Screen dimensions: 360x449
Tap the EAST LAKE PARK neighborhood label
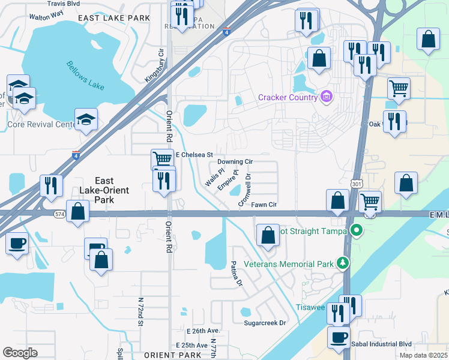[x=114, y=19]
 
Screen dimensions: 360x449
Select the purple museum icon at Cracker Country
[x=326, y=97]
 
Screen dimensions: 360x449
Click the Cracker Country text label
[x=288, y=98]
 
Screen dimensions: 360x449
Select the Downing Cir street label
[x=235, y=162]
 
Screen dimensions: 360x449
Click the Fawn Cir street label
[x=264, y=205]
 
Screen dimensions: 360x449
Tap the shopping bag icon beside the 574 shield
[x=78, y=211]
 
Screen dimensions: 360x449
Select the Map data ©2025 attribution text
[x=423, y=355]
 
